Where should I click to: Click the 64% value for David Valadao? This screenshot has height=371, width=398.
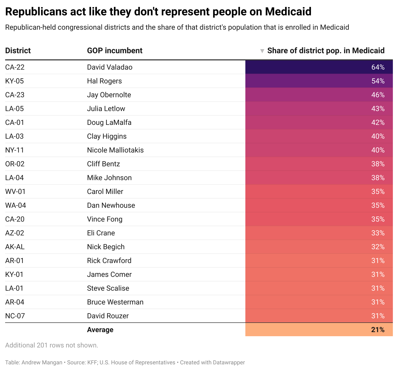378,67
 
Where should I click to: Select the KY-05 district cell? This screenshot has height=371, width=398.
14,81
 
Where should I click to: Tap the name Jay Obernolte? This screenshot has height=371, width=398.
109,95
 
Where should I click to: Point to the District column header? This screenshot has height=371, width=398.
18,51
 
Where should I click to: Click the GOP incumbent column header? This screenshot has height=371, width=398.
115,51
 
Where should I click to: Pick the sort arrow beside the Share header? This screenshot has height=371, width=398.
262,51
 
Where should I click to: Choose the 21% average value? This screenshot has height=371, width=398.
378,330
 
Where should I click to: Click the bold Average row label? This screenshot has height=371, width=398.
100,330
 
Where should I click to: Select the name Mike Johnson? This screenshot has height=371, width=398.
109,178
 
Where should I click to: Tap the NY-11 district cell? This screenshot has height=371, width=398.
15,150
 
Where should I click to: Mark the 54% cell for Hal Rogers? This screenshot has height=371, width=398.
378,81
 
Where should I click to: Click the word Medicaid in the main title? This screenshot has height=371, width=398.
288,12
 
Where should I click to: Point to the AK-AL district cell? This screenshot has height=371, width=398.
15,247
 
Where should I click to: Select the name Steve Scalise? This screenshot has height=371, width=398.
108,288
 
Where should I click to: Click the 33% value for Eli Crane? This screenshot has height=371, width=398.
378,233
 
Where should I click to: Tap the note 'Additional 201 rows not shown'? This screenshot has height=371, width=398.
51,345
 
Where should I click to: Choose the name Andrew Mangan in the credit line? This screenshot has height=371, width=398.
42,363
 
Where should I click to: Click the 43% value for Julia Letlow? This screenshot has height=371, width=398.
378,109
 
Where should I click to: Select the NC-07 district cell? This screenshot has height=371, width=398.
15,316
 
